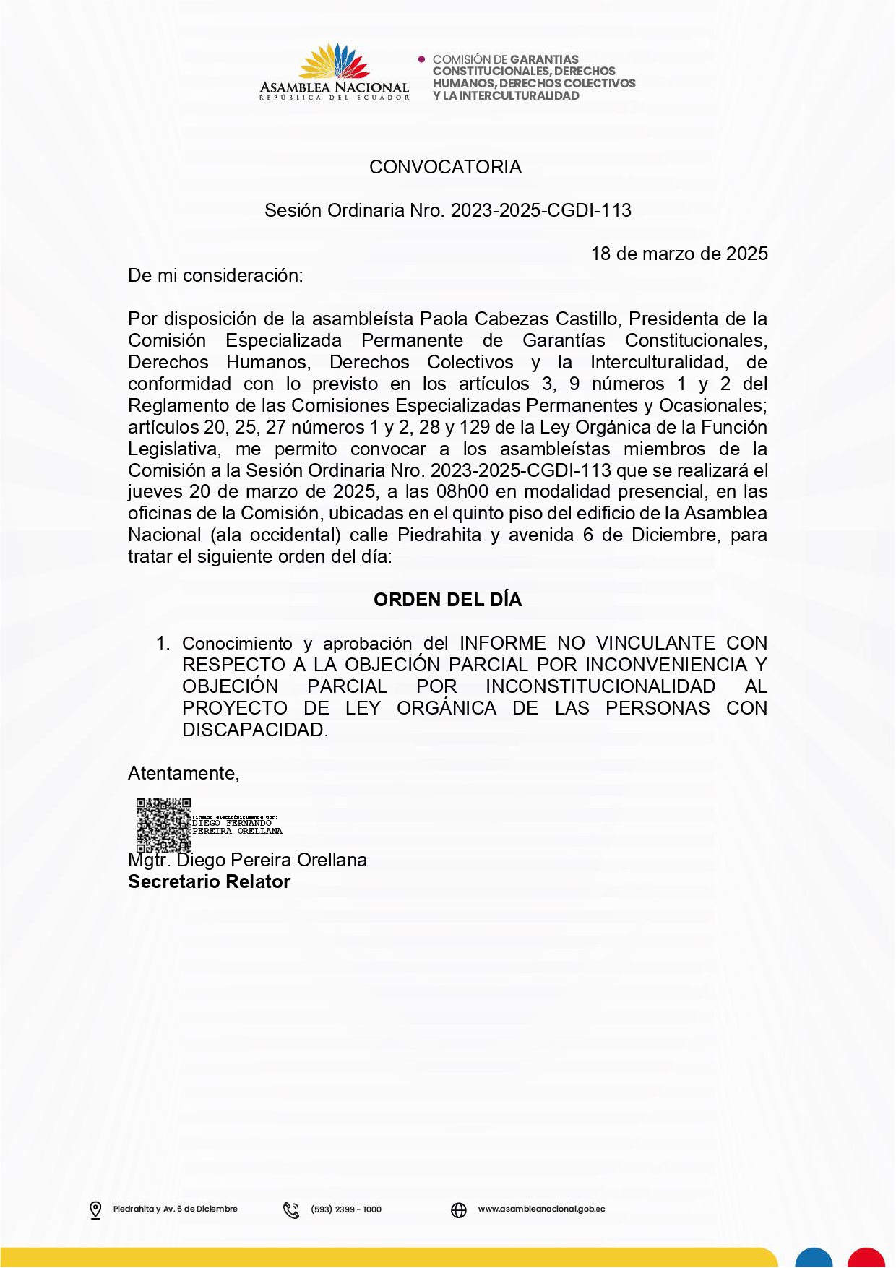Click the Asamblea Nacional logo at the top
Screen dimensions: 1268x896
[x=334, y=72]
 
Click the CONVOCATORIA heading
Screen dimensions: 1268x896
[x=445, y=167]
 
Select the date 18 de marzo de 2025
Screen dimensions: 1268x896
[x=679, y=254]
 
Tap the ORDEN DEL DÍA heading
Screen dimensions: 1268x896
[x=447, y=600]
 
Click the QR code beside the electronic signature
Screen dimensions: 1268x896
[x=164, y=824]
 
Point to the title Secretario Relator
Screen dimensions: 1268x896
[x=209, y=881]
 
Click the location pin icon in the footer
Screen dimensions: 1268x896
[x=95, y=1209]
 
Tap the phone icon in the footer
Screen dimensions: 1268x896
[x=291, y=1209]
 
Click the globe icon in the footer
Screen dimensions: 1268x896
[x=459, y=1209]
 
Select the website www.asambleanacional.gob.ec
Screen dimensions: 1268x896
[x=541, y=1209]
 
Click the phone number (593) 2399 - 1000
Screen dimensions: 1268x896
[x=346, y=1209]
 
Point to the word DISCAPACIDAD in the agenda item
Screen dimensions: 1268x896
[x=254, y=730]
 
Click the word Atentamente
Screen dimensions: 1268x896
[x=183, y=773]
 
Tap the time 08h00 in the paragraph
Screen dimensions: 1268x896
[x=462, y=492]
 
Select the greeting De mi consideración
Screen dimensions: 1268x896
[x=215, y=275]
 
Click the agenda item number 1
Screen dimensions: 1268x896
[x=163, y=643]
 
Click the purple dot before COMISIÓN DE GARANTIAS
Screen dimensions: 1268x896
[x=422, y=59]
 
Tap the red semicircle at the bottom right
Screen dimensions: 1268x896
[x=866, y=1258]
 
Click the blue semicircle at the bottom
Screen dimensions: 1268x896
[x=814, y=1258]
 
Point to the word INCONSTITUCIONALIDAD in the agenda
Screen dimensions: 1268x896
[x=600, y=686]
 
